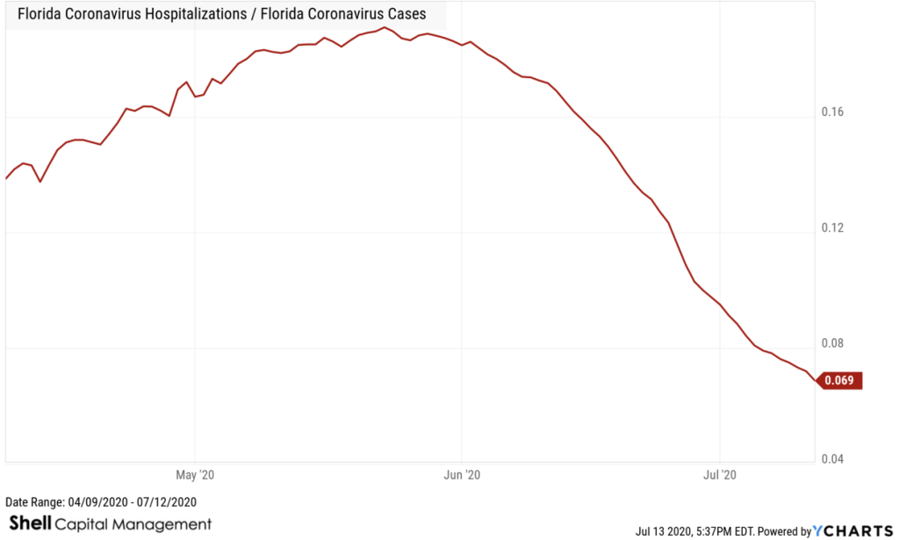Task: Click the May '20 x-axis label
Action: tap(195, 475)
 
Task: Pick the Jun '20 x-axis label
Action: tap(462, 475)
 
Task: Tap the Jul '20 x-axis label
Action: tap(720, 475)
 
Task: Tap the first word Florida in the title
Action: tap(40, 14)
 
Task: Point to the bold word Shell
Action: tap(29, 524)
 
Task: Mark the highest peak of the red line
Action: tap(385, 27)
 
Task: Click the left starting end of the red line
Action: tap(6, 178)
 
